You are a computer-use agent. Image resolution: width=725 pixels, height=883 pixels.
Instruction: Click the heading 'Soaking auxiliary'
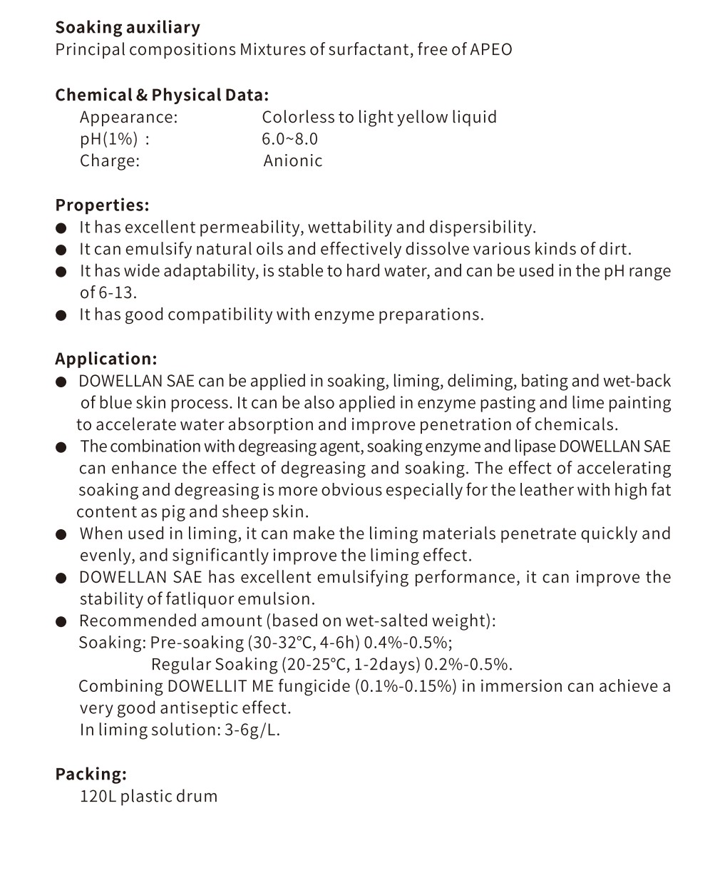coord(128,28)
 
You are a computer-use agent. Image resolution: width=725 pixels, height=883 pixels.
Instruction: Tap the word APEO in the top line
coord(490,50)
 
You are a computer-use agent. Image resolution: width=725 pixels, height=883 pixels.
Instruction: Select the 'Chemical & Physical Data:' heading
coord(162,95)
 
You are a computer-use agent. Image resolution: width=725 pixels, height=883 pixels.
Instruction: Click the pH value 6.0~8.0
coord(289,139)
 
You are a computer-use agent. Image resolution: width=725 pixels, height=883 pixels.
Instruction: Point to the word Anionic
coord(292,161)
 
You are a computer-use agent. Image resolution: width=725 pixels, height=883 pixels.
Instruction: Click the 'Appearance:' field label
coord(128,118)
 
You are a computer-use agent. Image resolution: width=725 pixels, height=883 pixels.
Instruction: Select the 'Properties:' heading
coord(102,205)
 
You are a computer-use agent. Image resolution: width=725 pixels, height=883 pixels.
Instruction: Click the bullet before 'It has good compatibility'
coord(62,315)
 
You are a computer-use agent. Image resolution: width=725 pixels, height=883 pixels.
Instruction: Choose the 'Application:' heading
coord(106,359)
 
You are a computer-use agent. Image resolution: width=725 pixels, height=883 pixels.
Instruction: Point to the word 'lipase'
coord(535,446)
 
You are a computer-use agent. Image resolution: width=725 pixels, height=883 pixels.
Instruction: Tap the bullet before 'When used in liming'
coord(62,535)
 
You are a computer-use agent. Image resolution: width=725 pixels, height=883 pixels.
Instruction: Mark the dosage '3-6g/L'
coord(252,730)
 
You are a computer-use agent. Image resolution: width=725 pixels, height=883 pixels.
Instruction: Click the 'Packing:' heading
coord(91,774)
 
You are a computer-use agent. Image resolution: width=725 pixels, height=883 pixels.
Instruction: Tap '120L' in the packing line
coord(97,796)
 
